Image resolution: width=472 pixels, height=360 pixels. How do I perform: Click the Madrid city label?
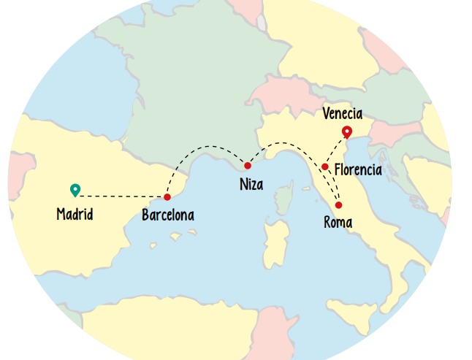pos(75,215)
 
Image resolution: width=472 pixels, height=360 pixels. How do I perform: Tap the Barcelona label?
pos(168,215)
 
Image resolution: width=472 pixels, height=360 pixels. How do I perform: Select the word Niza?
pos(251,184)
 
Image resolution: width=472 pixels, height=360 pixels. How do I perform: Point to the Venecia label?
pos(342,113)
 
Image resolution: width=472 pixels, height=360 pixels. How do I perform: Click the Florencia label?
pos(358,170)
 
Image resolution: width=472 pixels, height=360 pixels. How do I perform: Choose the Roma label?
pos(338,222)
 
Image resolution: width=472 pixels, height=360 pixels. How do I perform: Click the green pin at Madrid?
pos(75,189)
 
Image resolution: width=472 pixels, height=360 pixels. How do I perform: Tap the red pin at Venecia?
pos(347,131)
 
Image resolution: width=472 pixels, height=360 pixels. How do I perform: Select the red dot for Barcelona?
pos(167,197)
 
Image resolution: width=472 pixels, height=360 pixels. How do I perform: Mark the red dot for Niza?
pos(248,166)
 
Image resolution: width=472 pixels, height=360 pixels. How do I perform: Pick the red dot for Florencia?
pos(325,167)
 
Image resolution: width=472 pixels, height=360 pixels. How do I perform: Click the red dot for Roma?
pos(338,205)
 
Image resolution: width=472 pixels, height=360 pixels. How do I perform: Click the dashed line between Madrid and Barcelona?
pos(121,196)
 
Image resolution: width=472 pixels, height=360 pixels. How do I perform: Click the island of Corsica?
pos(286,199)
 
